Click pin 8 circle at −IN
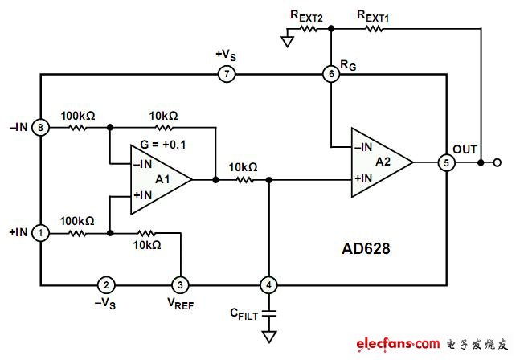click(x=41, y=126)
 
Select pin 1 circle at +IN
click(x=41, y=233)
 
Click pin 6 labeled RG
click(x=330, y=75)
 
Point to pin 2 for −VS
click(x=104, y=284)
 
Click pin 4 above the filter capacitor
click(x=268, y=284)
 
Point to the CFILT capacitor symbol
click(x=268, y=310)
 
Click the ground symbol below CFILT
click(x=268, y=335)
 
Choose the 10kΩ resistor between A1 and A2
click(x=242, y=180)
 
